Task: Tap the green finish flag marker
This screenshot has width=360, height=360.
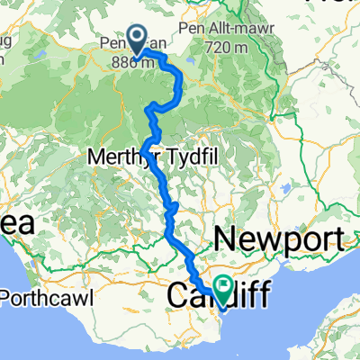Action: [x=219, y=288]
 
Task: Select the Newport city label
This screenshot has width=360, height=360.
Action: [x=280, y=240]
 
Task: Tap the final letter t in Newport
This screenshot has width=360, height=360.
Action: [x=340, y=240]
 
